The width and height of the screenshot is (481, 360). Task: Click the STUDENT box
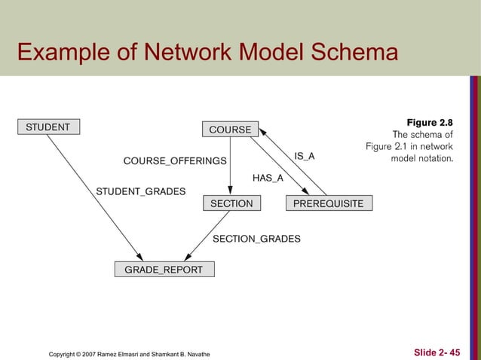(x=47, y=127)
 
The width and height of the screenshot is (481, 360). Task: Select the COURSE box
(x=230, y=130)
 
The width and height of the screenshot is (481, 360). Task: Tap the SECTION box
(x=231, y=203)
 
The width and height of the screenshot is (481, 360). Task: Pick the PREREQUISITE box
(x=328, y=203)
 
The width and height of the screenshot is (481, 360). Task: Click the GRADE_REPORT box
(x=164, y=270)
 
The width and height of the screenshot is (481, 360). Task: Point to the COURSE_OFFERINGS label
(x=175, y=161)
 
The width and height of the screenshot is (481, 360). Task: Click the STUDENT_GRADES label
(x=141, y=191)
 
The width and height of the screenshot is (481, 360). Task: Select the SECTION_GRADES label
(x=256, y=239)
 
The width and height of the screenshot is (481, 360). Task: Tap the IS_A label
(x=305, y=156)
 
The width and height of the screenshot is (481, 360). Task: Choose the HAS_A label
(x=268, y=178)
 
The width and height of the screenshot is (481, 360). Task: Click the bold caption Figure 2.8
(x=430, y=122)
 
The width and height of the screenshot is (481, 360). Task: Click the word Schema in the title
(x=354, y=53)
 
